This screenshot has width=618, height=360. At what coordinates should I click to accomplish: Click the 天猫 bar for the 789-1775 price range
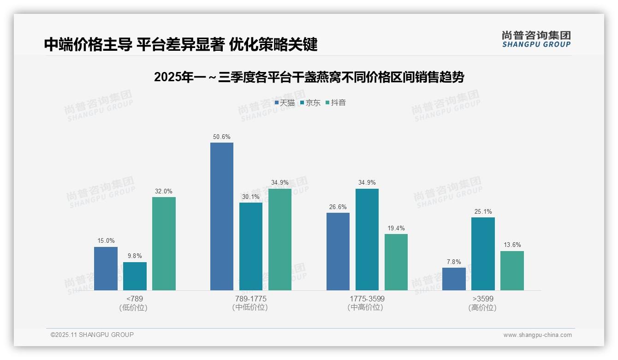coord(222,216)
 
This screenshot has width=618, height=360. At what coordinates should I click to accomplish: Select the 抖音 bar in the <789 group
coord(164,244)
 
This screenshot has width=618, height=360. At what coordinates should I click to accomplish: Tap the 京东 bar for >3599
coord(483,254)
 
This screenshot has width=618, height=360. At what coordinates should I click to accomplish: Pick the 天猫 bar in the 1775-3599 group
coord(338,252)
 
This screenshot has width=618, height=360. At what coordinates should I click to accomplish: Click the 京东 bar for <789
coord(135,276)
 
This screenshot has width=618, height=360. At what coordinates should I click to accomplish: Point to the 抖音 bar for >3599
coord(512,270)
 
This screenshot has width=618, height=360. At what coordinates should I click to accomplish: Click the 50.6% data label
coord(222,137)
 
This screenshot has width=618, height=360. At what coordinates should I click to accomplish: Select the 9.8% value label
coord(135,256)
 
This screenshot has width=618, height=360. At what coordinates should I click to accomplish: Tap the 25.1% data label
coord(483,212)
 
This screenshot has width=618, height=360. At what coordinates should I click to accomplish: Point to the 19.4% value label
coord(396,228)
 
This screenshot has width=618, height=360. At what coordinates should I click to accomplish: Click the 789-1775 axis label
coord(251,299)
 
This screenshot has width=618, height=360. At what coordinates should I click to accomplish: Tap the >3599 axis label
coord(483,299)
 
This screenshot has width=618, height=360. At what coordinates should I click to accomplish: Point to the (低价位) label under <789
coord(133,307)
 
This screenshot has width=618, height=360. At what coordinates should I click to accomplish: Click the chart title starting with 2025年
coord(309,77)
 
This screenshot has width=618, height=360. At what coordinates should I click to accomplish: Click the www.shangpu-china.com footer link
coord(537,335)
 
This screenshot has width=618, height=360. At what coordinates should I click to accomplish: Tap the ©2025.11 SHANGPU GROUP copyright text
coord(92,335)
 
